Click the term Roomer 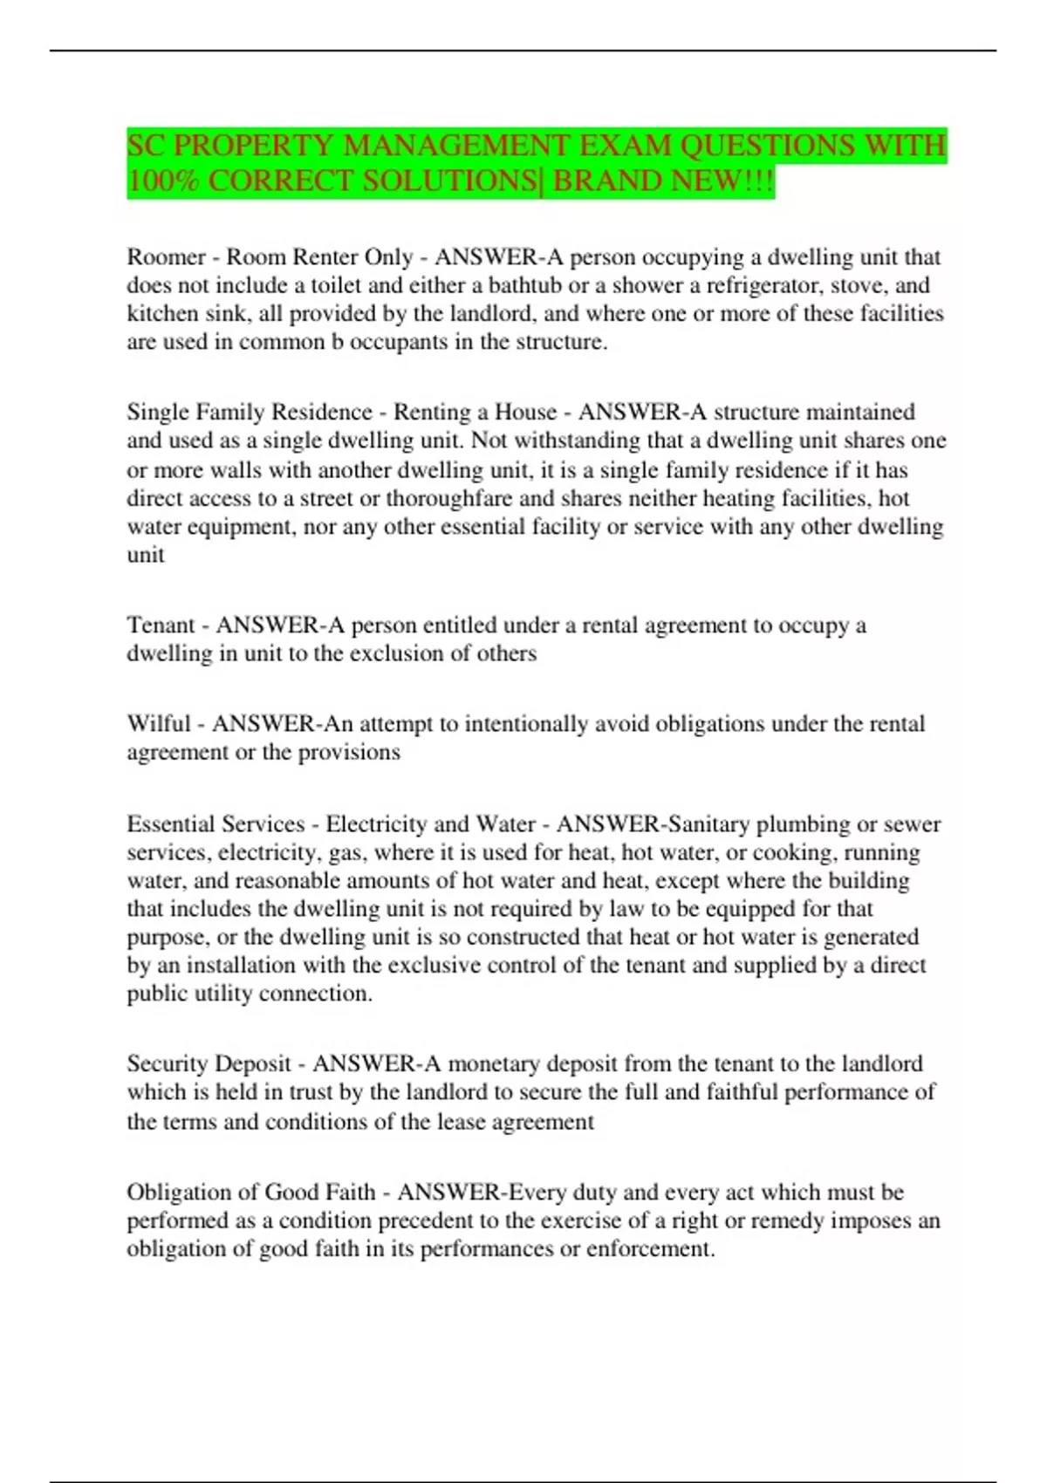167,257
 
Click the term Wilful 159,724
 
